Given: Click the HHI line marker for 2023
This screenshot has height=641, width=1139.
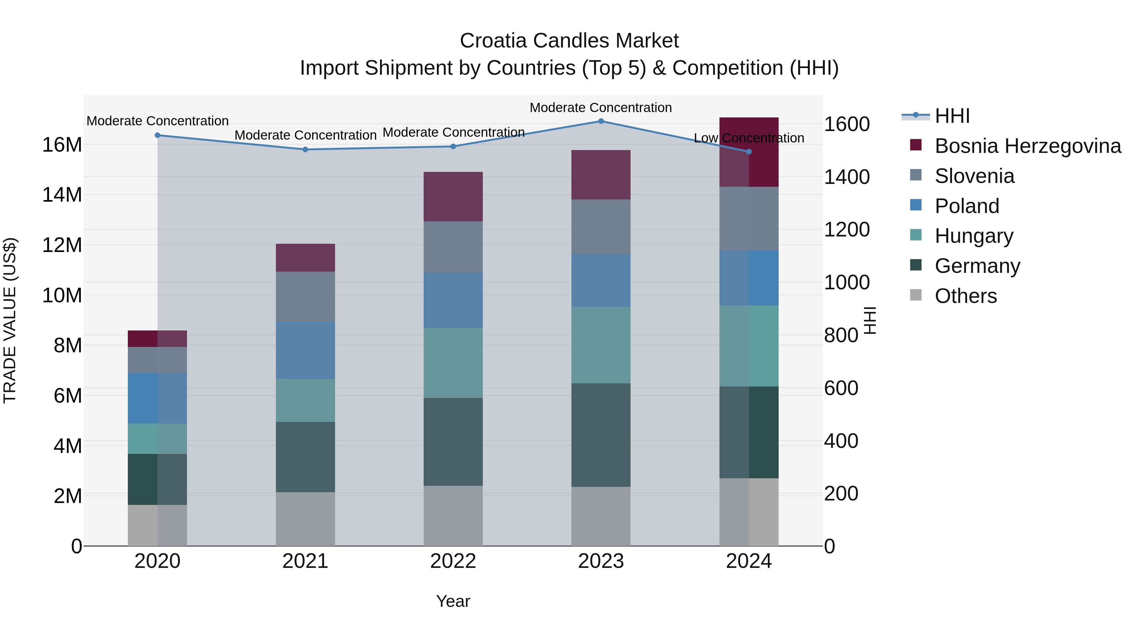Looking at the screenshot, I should pyautogui.click(x=601, y=121).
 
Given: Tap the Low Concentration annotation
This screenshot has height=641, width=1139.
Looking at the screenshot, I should pyautogui.click(x=749, y=138).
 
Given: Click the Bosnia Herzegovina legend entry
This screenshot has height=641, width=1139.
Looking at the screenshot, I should pyautogui.click(x=1028, y=146).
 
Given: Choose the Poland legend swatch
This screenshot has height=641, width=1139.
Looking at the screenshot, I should pyautogui.click(x=916, y=205).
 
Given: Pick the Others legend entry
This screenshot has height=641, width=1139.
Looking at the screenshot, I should pyautogui.click(x=966, y=296).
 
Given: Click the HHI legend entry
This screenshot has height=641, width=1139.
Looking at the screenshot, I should pyautogui.click(x=952, y=116).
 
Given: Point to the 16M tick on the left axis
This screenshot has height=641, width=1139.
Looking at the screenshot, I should pyautogui.click(x=62, y=145).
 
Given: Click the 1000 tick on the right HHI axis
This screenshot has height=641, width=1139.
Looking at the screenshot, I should pyautogui.click(x=847, y=282).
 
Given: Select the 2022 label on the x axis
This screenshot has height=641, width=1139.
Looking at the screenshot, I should pyautogui.click(x=453, y=561).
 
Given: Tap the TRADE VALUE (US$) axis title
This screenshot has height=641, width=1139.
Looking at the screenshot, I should pyautogui.click(x=10, y=320).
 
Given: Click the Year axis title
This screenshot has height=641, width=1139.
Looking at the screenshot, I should pyautogui.click(x=453, y=601).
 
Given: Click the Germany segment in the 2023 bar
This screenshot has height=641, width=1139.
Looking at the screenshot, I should pyautogui.click(x=601, y=435).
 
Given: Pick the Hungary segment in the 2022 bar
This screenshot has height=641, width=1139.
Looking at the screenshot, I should pyautogui.click(x=453, y=363).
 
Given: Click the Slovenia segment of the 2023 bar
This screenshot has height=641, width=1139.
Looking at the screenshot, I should pyautogui.click(x=601, y=227).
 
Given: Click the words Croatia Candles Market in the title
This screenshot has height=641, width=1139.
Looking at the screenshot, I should pyautogui.click(x=569, y=41).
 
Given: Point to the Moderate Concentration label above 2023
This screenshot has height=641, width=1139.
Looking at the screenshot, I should pyautogui.click(x=601, y=108).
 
